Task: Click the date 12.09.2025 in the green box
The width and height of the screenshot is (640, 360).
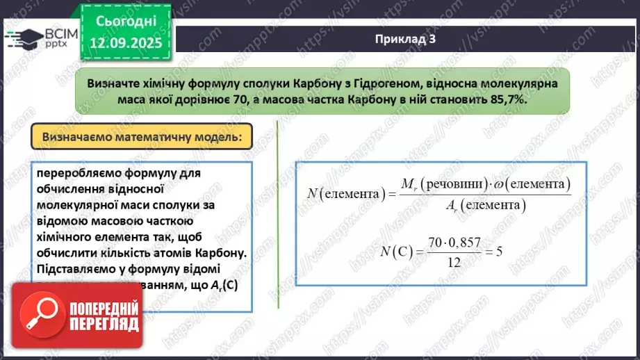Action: pos(125,43)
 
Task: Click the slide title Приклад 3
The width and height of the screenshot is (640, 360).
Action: pos(405,39)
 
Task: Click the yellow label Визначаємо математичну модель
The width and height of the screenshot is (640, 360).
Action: pos(142,137)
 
